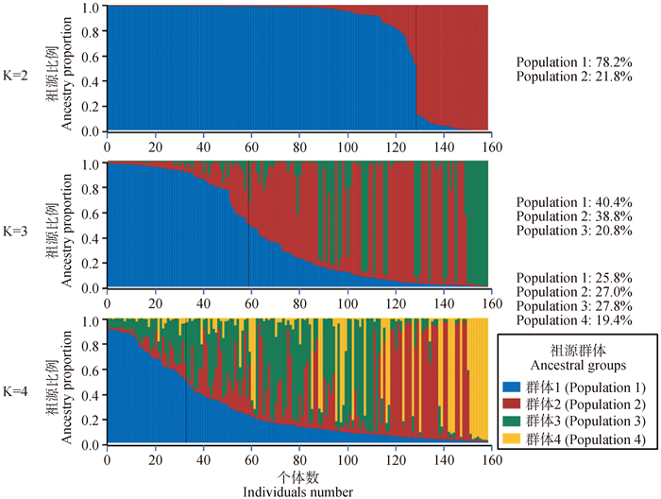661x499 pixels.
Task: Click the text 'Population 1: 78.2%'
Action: coord(573,62)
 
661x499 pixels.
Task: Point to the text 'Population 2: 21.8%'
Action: coord(573,77)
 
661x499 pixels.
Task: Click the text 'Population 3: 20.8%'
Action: coord(573,232)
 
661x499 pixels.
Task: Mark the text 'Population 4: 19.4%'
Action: coord(573,321)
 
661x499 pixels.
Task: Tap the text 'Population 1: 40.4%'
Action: coord(573,203)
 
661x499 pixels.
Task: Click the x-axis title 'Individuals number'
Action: coord(297,491)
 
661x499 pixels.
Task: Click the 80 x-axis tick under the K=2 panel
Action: coord(298,147)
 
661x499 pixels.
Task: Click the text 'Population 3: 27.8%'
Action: coord(573,307)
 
